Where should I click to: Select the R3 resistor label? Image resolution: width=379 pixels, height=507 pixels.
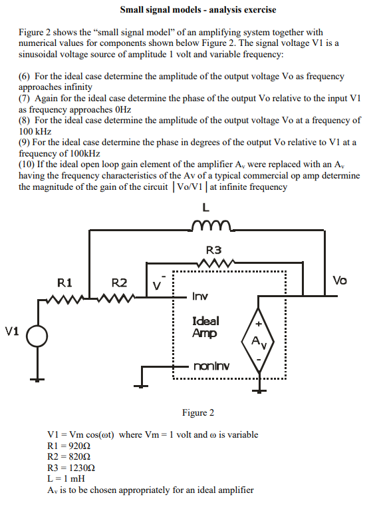pyautogui.click(x=214, y=251)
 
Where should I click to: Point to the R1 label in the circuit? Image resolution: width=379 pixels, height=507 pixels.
pyautogui.click(x=64, y=282)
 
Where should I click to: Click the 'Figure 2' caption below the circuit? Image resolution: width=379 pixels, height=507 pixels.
pyautogui.click(x=197, y=412)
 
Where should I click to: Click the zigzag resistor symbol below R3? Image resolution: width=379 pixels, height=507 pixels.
pyautogui.click(x=214, y=265)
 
